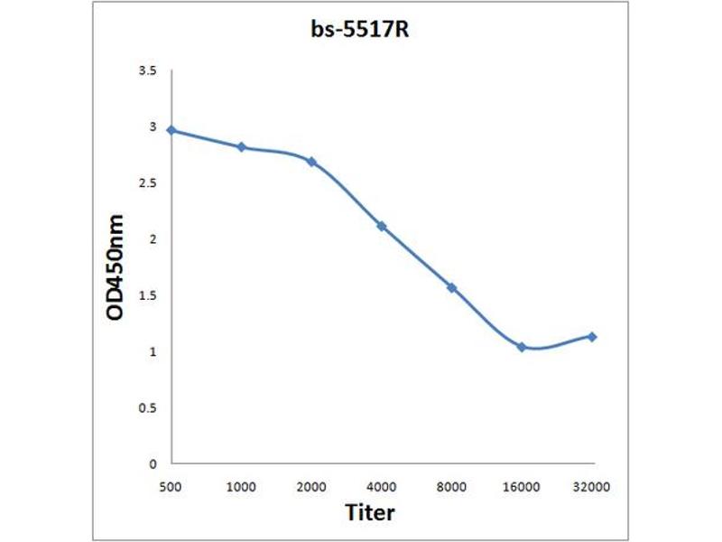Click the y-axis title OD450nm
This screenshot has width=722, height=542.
click(x=115, y=266)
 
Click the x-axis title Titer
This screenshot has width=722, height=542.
click(x=370, y=513)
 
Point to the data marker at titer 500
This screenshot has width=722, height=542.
click(x=171, y=130)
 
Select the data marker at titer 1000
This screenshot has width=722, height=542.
click(x=241, y=146)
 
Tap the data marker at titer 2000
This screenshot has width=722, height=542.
click(x=311, y=162)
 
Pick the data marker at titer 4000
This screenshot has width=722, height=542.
click(x=382, y=225)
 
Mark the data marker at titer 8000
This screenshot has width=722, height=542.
click(x=451, y=287)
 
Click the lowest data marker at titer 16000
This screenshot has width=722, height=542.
click(x=522, y=347)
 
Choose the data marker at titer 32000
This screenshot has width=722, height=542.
click(x=592, y=336)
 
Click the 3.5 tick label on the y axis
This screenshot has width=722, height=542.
click(x=148, y=70)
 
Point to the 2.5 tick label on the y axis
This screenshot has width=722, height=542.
click(x=148, y=183)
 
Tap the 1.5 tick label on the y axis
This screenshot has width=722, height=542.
click(x=148, y=295)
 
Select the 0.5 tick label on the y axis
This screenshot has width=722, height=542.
click(x=148, y=408)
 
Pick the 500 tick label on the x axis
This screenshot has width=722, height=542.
click(x=171, y=486)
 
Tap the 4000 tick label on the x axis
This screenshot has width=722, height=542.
click(x=382, y=486)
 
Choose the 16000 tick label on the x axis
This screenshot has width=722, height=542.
click(x=522, y=486)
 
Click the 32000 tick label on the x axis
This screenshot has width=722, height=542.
click(x=592, y=486)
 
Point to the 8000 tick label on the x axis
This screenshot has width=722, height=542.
click(x=451, y=486)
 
